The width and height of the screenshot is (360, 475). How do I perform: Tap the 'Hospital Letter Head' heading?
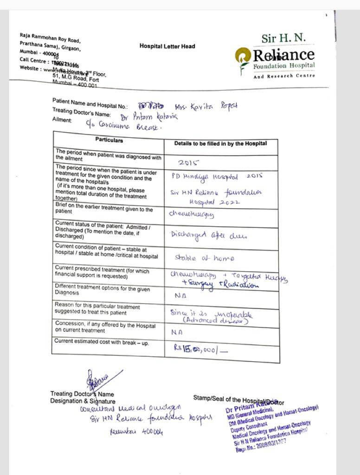[x=167, y=46]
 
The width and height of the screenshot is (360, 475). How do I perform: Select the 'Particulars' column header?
[x=109, y=140]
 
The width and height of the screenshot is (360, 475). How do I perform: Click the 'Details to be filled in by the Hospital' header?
[x=220, y=144]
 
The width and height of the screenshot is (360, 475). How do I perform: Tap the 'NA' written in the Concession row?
[x=176, y=332]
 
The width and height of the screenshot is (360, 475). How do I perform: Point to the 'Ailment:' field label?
[x=62, y=120]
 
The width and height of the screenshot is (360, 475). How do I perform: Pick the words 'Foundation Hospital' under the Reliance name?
[x=284, y=66]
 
